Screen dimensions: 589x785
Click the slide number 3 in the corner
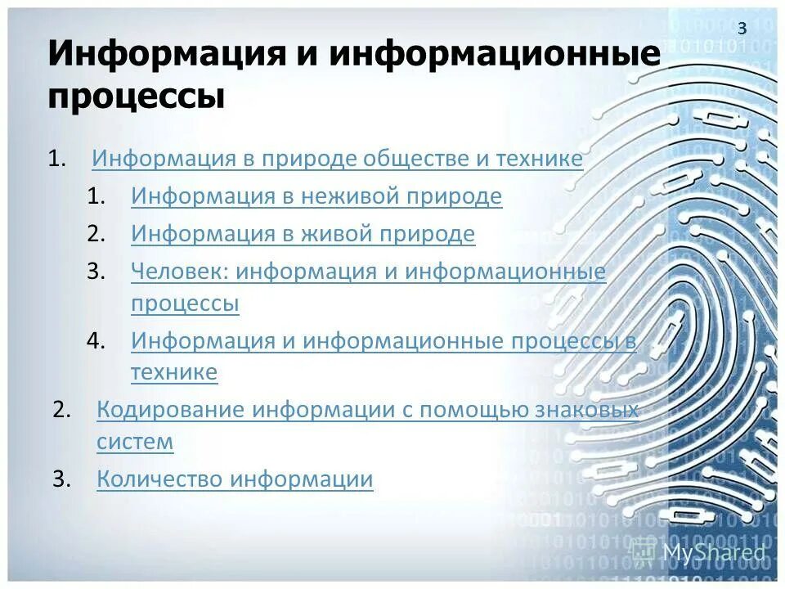[742, 29]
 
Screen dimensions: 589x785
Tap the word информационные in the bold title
[495, 55]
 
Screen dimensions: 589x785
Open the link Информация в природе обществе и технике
[337, 159]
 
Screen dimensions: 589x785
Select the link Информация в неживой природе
[316, 196]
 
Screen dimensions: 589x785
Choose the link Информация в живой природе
[303, 234]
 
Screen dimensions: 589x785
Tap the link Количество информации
[235, 479]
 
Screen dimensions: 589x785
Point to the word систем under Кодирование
[135, 442]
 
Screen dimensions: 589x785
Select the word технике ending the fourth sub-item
[174, 373]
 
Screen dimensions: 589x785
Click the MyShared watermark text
[714, 552]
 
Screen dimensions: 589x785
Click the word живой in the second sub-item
[336, 234]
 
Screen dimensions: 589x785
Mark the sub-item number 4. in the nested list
[96, 341]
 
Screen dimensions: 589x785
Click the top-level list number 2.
[63, 410]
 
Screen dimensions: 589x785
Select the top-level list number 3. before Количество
[63, 479]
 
